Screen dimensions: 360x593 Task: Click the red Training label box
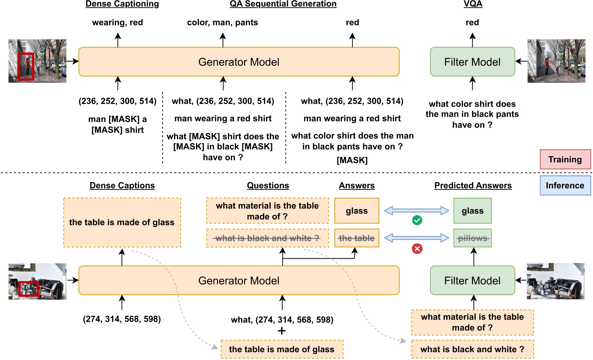coord(565,159)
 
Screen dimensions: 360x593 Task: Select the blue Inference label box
coord(565,185)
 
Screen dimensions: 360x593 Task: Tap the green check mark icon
coord(417,220)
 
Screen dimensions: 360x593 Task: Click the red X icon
coord(417,249)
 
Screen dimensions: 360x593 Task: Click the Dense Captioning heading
coord(122,4)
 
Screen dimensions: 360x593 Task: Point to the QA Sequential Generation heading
coord(283,4)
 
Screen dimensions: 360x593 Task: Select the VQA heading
coord(473,4)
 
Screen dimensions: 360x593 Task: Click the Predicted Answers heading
coord(473,185)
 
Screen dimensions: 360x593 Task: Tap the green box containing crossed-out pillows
coord(472,238)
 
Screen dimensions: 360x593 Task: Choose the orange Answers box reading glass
coord(357,211)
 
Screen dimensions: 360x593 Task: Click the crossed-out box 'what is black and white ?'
coord(268,238)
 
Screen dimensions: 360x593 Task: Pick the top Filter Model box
coord(472,62)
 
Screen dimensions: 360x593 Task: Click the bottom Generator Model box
coord(239,280)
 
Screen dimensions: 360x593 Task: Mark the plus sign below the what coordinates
coord(282,331)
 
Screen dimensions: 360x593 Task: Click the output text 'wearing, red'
coord(117,22)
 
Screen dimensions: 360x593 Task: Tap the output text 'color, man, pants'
coord(222,22)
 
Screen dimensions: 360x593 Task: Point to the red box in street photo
coord(26,66)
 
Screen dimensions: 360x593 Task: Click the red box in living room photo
coord(28,289)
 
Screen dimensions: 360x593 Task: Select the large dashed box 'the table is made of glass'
coord(122,222)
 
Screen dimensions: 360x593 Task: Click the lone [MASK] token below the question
coord(352,160)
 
